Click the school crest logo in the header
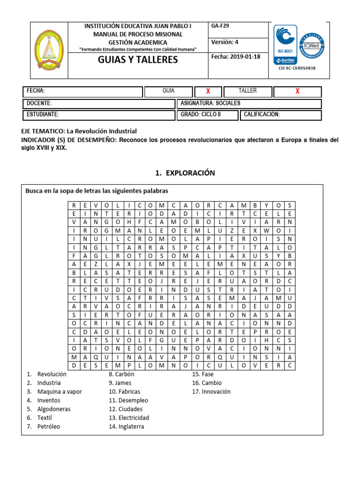(x=50, y=50)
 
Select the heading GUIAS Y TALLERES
(x=138, y=60)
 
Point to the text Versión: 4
(x=225, y=42)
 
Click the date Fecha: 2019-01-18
(x=236, y=57)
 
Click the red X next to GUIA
(x=208, y=91)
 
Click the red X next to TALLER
(x=297, y=91)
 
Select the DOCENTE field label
(x=39, y=103)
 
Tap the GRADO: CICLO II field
(x=200, y=115)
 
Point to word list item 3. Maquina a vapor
(x=54, y=391)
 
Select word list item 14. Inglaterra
(x=126, y=427)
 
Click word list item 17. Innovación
(x=211, y=391)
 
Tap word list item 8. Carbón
(x=121, y=374)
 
